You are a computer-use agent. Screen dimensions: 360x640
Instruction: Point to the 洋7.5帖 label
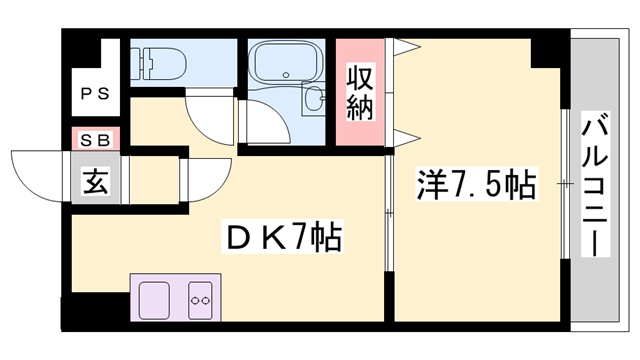(476, 186)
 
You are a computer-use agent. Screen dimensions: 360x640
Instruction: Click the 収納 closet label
(360, 93)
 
